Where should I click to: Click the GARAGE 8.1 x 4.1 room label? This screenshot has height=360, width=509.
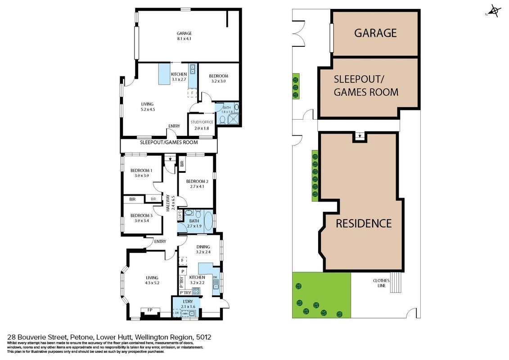[x=184, y=36]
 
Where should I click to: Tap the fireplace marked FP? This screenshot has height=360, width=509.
[x=150, y=310]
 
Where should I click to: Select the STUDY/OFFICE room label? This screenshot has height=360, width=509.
[x=202, y=122]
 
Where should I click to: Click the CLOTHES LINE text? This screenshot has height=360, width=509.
[x=382, y=283]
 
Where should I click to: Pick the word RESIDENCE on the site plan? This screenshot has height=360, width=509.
[x=364, y=223]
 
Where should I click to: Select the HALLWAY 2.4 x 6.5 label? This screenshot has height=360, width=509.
[x=171, y=203]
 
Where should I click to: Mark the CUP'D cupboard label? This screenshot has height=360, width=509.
[x=180, y=216]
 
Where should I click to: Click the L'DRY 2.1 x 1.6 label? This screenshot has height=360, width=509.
[x=188, y=304]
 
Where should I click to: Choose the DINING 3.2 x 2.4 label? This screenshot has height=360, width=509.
[x=203, y=249]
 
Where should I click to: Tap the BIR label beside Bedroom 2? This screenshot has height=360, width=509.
[x=182, y=164]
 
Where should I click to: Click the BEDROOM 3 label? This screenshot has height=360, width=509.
[x=141, y=216]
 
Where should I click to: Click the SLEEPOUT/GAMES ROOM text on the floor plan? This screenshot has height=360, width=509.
[x=169, y=142]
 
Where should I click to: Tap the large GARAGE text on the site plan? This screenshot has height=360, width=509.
[x=376, y=33]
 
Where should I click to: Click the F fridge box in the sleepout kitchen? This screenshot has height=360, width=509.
[x=192, y=93]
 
